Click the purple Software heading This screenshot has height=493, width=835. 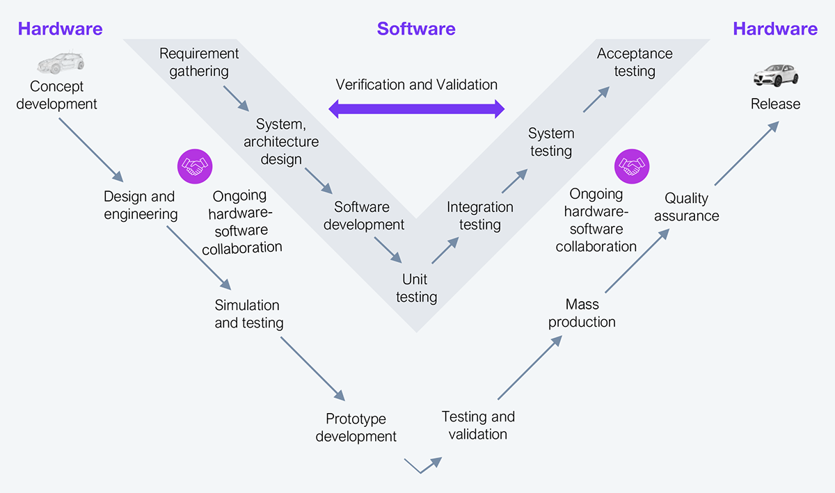pos(416,29)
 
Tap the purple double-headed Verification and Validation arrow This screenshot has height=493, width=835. pos(416,108)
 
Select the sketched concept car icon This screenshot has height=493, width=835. pos(61,63)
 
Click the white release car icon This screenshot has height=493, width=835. pos(775,75)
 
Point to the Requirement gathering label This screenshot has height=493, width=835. pos(199,62)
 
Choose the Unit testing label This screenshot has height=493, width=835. pos(416,288)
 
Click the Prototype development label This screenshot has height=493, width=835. pos(356,428)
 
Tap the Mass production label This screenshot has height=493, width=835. pos(582,313)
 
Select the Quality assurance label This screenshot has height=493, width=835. pos(686,207)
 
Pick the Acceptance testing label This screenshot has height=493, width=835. pos(635,62)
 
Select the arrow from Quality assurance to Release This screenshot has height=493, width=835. pos(746,154)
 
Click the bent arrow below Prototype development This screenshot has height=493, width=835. pos(422,464)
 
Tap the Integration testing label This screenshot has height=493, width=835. pos(480,216)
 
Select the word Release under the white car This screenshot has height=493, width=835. pos(775,104)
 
